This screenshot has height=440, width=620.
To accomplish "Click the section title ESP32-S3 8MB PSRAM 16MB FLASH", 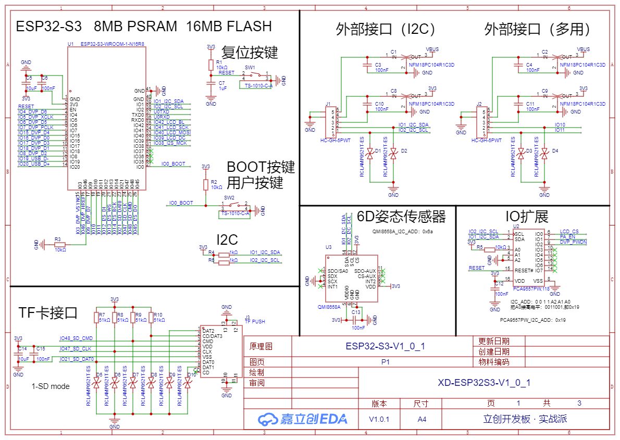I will click(x=144, y=27).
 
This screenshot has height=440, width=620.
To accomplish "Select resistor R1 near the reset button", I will click(x=211, y=65).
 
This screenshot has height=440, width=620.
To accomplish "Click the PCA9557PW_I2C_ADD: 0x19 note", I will click(x=532, y=320).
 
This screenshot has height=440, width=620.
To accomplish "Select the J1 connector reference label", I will click(x=328, y=104).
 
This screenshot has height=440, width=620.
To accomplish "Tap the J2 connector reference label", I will click(x=479, y=104).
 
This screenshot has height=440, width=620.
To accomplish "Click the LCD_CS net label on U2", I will click(x=569, y=231).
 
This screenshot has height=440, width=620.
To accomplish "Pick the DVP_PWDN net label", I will click(x=573, y=242).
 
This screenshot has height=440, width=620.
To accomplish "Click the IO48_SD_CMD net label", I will click(x=76, y=338).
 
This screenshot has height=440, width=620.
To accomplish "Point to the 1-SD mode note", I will click(x=51, y=386).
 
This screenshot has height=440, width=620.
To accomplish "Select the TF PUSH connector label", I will click(x=255, y=321).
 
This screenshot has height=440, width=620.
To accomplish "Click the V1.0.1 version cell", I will click(x=379, y=419).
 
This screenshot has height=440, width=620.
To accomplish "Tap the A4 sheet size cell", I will click(x=421, y=419).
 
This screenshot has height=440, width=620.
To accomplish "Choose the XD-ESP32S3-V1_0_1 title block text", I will click(x=484, y=383).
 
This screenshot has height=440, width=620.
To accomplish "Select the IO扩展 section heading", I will click(x=527, y=216).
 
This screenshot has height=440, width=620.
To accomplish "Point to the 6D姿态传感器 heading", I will click(x=401, y=216).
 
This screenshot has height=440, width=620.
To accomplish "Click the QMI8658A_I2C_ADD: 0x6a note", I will click(x=402, y=231).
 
